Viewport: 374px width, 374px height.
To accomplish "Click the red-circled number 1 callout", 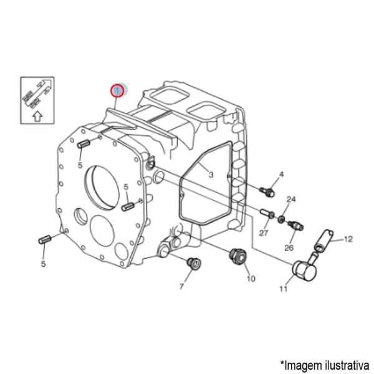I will tap(117, 92).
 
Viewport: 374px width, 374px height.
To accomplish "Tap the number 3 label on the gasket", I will tap(211, 175).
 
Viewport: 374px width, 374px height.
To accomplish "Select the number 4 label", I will tap(281, 174).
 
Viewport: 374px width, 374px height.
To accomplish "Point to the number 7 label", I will tap(181, 287).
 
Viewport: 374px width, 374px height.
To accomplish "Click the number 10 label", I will tap(251, 279).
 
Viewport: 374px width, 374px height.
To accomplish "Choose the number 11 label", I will tap(283, 289).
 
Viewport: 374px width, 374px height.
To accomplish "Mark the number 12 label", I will tap(348, 239).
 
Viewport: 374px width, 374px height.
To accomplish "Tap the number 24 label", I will tap(290, 199).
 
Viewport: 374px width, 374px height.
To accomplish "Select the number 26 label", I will tap(289, 247).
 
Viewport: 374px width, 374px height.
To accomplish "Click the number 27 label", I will tap(263, 233).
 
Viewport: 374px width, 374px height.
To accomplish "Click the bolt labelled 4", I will tap(266, 188).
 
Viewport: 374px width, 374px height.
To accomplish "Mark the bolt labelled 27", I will tap(269, 213).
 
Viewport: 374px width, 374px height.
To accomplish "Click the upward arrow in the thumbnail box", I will tap(37, 115).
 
